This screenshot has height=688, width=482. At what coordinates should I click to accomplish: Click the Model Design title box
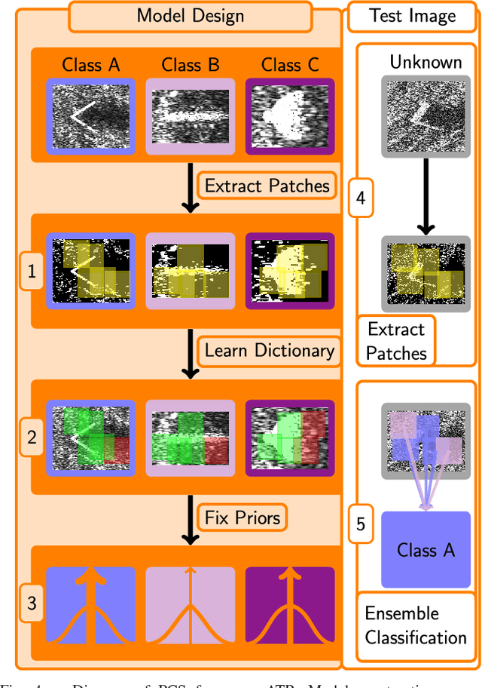tap(190, 16)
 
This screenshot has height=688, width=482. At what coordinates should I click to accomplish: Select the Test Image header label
tap(412, 16)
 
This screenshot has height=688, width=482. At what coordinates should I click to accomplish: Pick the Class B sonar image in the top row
tap(190, 117)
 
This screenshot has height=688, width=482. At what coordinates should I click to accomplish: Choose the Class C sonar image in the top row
tap(289, 117)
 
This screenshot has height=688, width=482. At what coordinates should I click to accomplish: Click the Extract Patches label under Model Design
tap(267, 186)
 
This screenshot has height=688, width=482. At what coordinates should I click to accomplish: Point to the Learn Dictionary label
tap(269, 350)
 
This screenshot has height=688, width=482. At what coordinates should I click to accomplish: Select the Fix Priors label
tap(243, 518)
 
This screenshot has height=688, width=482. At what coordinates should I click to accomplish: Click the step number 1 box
tap(31, 272)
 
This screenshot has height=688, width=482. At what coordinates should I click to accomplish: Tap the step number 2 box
tap(31, 438)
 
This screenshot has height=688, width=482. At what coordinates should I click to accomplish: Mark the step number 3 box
tap(31, 604)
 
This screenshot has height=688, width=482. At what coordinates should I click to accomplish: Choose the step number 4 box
tap(360, 198)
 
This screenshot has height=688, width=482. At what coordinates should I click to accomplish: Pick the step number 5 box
tap(360, 524)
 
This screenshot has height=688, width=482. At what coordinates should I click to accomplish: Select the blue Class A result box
tap(426, 550)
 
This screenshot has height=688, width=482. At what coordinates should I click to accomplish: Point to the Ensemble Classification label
tap(416, 625)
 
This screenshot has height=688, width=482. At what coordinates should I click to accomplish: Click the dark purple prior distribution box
tap(289, 604)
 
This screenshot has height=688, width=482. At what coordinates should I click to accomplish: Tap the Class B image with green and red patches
tap(190, 438)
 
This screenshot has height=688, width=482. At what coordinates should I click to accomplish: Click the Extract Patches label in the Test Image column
tap(397, 341)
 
